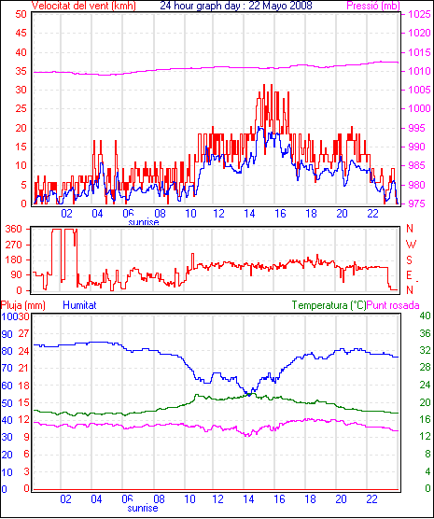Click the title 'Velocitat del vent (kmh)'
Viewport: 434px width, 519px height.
[84, 6]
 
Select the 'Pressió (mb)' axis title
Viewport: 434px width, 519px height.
[373, 6]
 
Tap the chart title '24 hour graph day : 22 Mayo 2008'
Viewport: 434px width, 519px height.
[236, 6]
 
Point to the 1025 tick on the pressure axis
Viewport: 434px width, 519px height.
[419, 14]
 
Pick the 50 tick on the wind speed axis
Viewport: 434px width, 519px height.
[21, 14]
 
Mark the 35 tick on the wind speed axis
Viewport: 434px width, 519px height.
[21, 71]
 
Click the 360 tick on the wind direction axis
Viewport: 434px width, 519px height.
[14, 229]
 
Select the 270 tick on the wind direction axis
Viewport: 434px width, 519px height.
[14, 245]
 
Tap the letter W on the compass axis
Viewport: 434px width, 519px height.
[411, 245]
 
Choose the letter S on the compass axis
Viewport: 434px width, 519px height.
[409, 260]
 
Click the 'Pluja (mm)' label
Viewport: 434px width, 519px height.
[23, 305]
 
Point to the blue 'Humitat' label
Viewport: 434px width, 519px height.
[79, 305]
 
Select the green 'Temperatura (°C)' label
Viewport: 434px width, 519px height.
[329, 305]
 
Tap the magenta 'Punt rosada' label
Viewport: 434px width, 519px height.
[393, 305]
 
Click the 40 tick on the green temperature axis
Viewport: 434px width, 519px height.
[425, 316]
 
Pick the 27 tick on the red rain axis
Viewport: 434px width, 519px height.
[24, 333]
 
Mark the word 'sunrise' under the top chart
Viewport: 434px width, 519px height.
[144, 222]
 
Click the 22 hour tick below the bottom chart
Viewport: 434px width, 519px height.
[372, 498]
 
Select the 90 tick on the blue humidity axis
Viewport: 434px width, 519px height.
[7, 334]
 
